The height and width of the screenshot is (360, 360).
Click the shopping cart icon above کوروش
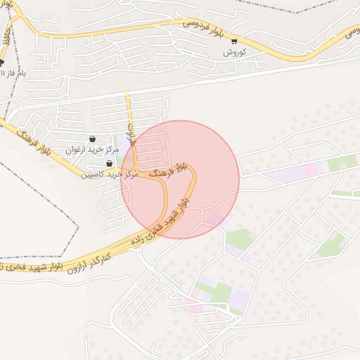[234, 41]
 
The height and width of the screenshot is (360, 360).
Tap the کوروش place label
[233, 53]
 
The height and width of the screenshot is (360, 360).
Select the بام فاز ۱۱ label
[13, 72]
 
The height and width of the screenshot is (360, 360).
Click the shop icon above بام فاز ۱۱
[1, 61]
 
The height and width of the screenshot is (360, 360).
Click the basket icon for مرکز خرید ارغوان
[94, 139]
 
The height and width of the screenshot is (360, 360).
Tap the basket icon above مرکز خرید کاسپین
[109, 163]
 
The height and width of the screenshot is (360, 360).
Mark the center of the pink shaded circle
[180, 179]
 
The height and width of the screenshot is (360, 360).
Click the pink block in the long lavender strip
[310, 169]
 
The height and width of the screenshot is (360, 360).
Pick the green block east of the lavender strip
[342, 163]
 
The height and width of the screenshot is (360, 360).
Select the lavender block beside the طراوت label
[120, 147]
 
